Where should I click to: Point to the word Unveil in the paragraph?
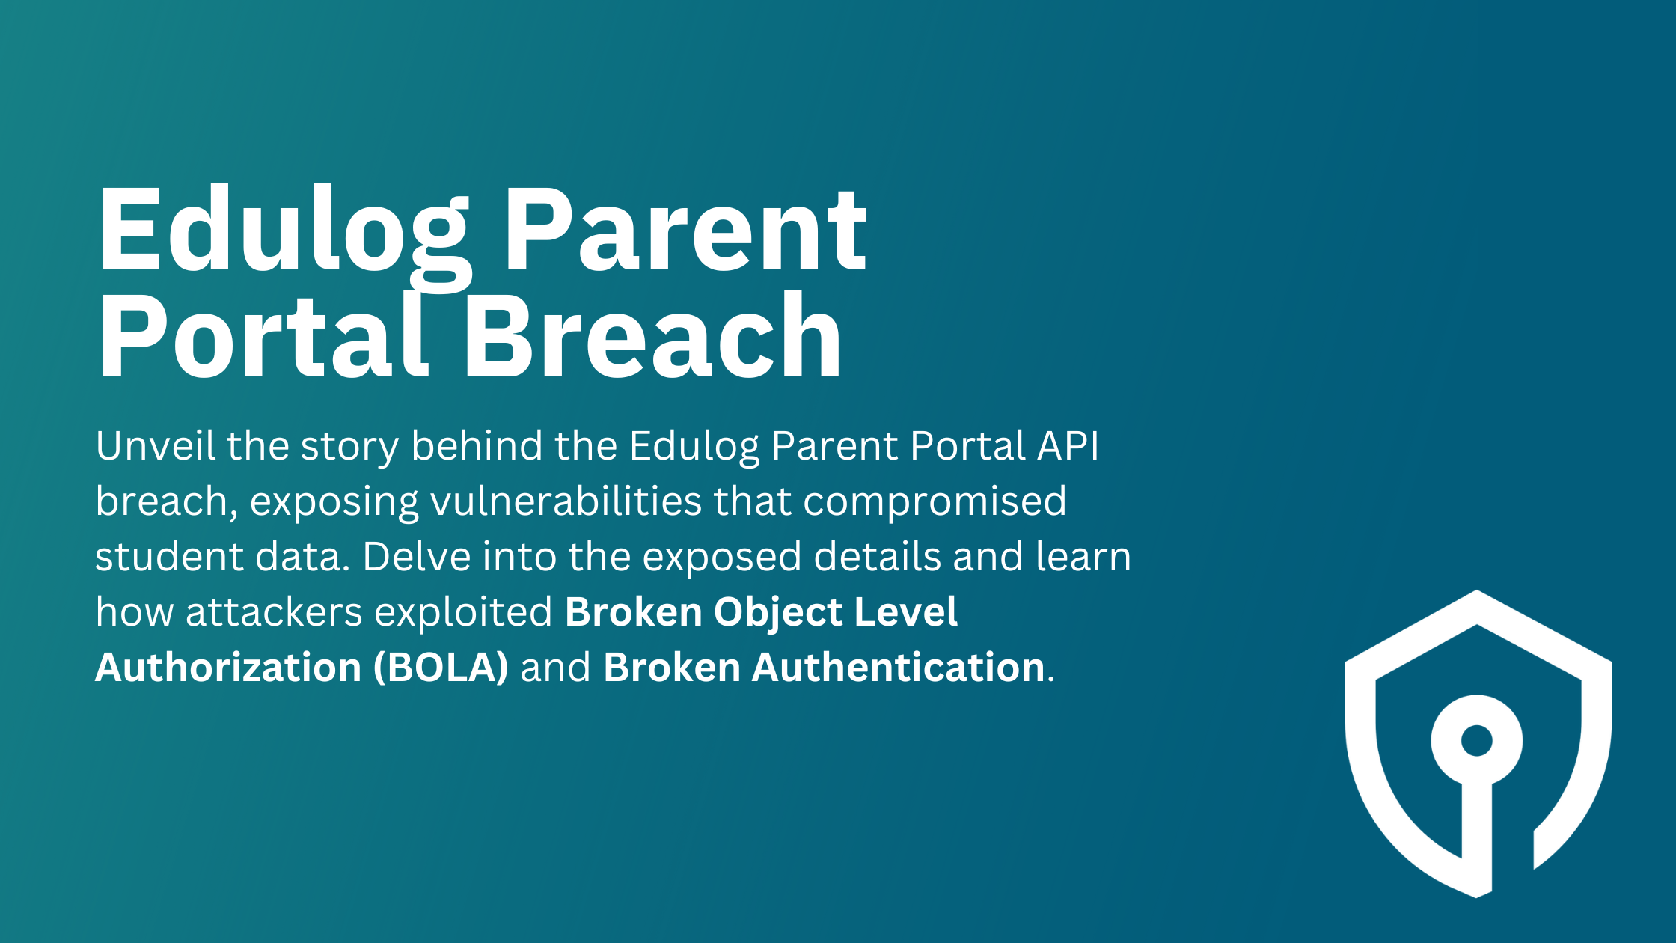point(155,446)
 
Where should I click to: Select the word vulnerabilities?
point(566,501)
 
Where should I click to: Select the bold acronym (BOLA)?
point(441,668)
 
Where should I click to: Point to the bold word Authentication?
point(898,668)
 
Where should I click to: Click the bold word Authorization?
point(228,668)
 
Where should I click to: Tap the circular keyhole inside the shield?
point(1477,741)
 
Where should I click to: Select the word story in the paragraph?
point(349,448)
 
